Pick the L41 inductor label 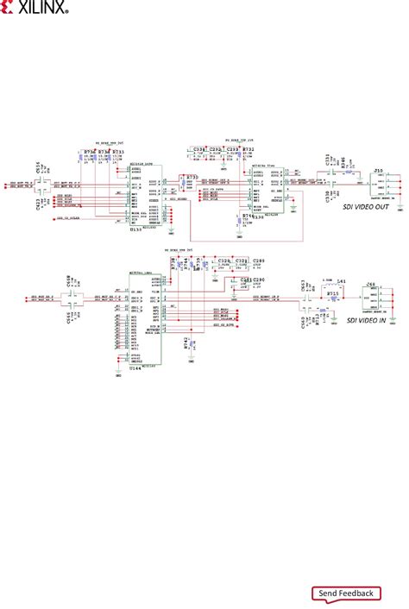pos(341,282)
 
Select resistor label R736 pos(87,152)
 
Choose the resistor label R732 pos(249,149)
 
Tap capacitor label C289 pos(259,259)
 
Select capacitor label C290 pos(259,280)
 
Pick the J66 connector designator pos(371,284)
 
